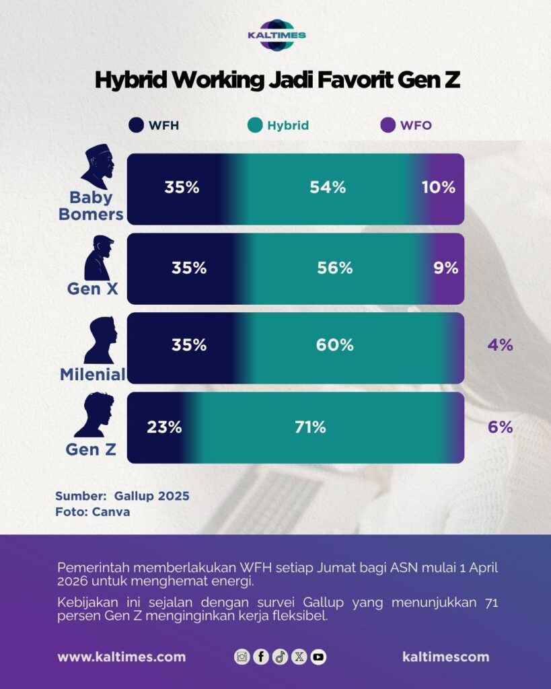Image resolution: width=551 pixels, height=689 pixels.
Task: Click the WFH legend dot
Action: [137, 125]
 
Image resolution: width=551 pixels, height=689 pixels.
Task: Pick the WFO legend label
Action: [416, 125]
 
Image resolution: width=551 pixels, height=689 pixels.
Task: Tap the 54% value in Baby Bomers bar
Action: [328, 188]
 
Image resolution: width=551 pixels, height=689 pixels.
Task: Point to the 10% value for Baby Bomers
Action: [439, 188]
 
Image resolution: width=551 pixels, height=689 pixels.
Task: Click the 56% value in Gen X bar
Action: [335, 268]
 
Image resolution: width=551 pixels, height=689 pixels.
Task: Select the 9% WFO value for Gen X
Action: [446, 268]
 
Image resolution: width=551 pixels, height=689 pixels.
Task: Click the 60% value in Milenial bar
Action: [335, 345]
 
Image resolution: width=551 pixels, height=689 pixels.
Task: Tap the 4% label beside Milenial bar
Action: [501, 345]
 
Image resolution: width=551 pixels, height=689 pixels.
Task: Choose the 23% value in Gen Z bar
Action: [164, 427]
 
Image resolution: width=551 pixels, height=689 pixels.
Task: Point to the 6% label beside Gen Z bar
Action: [501, 427]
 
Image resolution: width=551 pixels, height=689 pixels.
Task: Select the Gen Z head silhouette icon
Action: [94, 414]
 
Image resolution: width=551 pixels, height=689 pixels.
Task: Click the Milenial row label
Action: [93, 375]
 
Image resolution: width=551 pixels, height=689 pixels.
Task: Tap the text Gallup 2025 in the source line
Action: [152, 496]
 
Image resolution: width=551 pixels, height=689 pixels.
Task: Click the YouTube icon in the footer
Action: [319, 657]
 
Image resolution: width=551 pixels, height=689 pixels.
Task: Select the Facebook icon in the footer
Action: [261, 657]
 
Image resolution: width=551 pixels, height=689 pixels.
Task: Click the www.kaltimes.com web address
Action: [121, 657]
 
